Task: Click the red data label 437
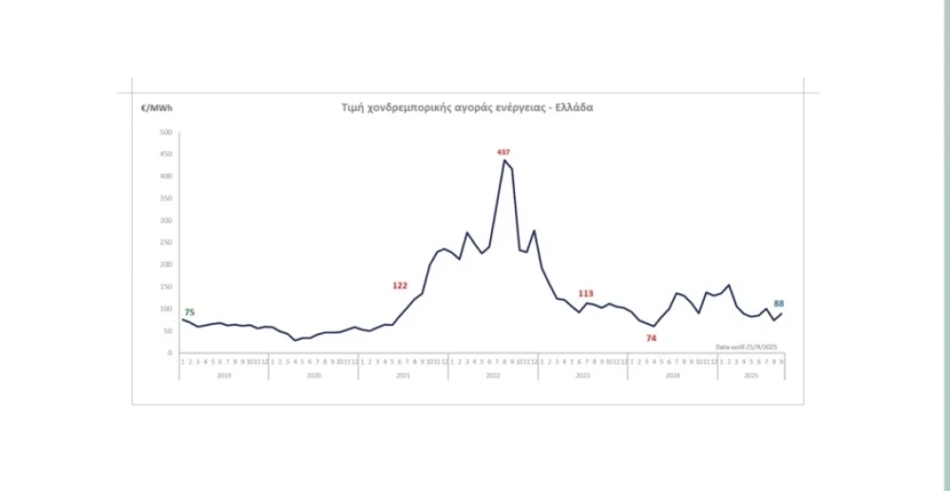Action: click(x=503, y=152)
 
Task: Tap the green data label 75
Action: click(x=189, y=312)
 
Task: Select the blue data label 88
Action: click(x=779, y=304)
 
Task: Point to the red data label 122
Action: click(x=400, y=285)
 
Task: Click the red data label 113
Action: click(x=586, y=293)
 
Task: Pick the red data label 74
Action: click(x=652, y=338)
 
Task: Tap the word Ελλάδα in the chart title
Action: click(x=574, y=107)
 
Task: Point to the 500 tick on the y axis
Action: click(x=165, y=132)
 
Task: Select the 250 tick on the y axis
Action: click(x=165, y=242)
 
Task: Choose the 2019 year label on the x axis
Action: click(x=224, y=376)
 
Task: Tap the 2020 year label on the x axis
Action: click(x=313, y=376)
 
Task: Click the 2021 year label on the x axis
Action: click(x=403, y=376)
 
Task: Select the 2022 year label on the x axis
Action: click(x=493, y=376)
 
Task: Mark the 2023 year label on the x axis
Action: click(x=582, y=376)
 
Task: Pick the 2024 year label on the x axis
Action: click(x=672, y=376)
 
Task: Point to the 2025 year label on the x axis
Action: click(x=750, y=376)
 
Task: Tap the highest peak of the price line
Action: click(x=504, y=161)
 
